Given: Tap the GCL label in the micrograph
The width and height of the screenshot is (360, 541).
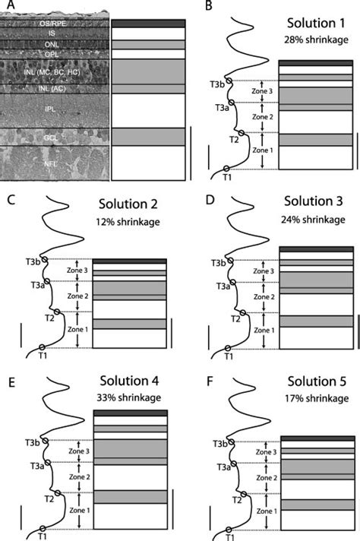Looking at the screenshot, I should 50,137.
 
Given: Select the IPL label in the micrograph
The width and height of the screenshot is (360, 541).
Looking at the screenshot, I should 50,109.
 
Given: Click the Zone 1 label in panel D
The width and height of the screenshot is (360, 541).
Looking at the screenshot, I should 263,331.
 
